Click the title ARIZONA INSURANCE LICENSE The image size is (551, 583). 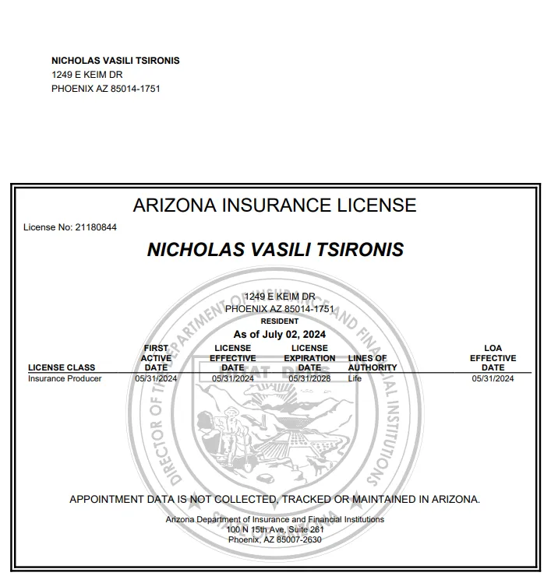click(x=274, y=205)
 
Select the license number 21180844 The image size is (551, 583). click(x=96, y=227)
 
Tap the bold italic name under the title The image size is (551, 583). click(x=275, y=250)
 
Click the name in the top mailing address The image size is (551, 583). click(x=115, y=61)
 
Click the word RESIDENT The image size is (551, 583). click(x=279, y=321)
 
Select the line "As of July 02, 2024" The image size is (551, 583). click(x=279, y=335)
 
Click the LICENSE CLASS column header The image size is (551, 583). click(x=62, y=367)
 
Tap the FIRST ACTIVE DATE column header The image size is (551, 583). click(x=156, y=358)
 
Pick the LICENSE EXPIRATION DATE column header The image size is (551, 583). click(x=309, y=358)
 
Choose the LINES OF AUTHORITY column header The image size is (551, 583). click(x=373, y=363)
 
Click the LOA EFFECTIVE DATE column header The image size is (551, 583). click(x=493, y=358)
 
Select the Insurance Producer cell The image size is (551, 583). click(x=65, y=379)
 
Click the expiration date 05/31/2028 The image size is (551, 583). click(x=309, y=379)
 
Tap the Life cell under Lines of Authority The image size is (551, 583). click(x=355, y=379)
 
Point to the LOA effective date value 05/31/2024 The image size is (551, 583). click(x=493, y=379)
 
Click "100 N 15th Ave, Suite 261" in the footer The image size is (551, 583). click(x=275, y=529)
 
